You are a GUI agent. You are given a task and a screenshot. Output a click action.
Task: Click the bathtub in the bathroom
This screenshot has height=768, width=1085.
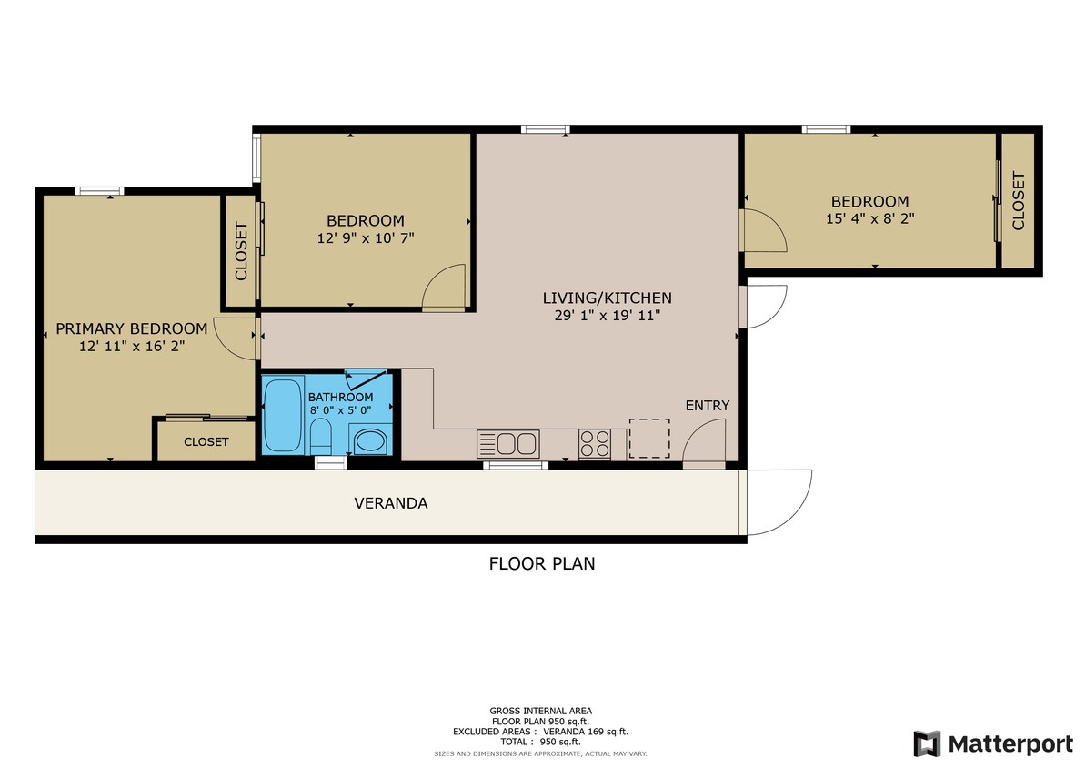282,415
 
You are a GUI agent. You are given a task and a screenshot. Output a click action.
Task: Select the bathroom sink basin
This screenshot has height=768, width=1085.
369,442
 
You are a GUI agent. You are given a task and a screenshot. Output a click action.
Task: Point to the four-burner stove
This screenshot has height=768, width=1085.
595,444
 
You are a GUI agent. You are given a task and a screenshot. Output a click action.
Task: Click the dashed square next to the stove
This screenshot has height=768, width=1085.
649,439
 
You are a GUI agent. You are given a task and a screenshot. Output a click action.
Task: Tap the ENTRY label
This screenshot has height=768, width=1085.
707,405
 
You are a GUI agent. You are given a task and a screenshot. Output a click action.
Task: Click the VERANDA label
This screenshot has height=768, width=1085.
390,503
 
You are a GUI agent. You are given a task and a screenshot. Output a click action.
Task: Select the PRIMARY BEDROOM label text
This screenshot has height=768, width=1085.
131,328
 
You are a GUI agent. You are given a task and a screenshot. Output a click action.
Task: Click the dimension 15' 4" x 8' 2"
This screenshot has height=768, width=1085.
869,218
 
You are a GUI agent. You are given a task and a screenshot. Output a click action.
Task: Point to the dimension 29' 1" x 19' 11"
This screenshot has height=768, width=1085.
607,315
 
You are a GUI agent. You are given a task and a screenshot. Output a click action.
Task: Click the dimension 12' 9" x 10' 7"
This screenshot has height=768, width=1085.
365,237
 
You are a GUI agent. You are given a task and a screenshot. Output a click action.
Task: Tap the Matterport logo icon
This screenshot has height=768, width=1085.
928,743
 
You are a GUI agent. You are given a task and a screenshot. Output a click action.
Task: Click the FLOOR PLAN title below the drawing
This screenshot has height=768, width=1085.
542,563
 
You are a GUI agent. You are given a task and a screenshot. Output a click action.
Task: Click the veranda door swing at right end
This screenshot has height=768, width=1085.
778,502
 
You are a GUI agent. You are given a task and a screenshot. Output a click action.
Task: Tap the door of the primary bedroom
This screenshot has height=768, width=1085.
236,337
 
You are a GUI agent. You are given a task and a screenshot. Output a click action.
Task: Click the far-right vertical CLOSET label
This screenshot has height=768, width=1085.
1018,201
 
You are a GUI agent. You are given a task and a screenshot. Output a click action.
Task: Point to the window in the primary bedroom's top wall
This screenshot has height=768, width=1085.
99,191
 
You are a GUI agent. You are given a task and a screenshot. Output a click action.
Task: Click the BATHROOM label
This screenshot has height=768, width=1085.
340,398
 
